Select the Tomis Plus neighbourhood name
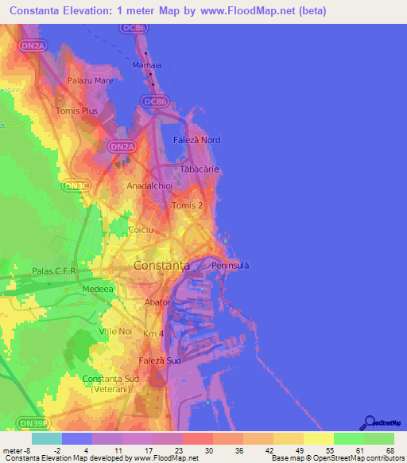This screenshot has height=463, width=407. coord(77,111)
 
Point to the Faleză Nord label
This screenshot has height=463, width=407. coord(196,140)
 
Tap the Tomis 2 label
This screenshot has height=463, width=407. coord(188,205)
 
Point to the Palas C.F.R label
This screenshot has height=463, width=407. coord(53,271)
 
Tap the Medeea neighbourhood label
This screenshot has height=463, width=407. coord(95,289)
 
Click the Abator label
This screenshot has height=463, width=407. coord(157,302)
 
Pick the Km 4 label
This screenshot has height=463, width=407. coord(153,333)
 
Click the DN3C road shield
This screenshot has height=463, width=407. coord(76,185)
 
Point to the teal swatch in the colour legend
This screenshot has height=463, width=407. coord(47,438)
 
